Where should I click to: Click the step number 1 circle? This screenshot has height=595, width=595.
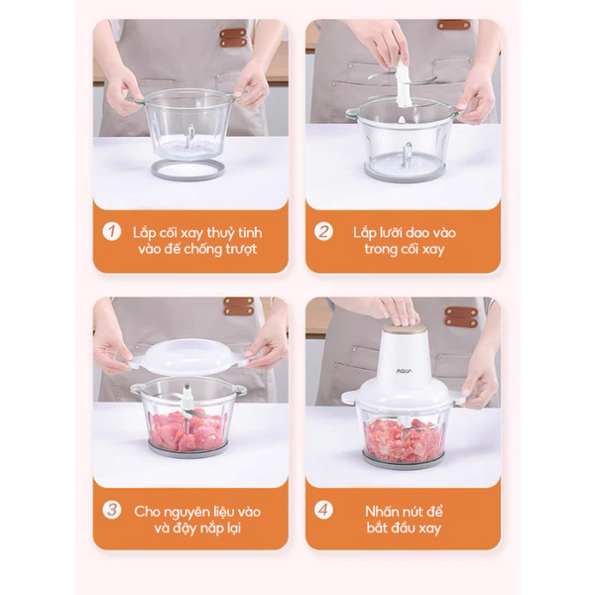pyautogui.click(x=112, y=231)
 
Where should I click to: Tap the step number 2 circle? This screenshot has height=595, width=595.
pyautogui.click(x=323, y=231)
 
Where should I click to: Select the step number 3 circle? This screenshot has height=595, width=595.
pyautogui.click(x=112, y=510)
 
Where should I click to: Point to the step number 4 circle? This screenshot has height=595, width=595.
pyautogui.click(x=323, y=510)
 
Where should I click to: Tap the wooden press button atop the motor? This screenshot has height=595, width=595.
pyautogui.click(x=403, y=326)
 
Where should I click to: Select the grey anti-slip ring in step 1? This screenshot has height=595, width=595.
pyautogui.click(x=187, y=170)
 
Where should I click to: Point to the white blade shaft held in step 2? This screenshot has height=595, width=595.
pyautogui.click(x=403, y=82)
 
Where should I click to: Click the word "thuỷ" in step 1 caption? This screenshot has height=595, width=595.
pyautogui.click(x=224, y=233)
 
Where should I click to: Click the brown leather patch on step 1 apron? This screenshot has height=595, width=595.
pyautogui.click(x=233, y=38)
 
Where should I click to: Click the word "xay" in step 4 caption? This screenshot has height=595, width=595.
pyautogui.click(x=428, y=529)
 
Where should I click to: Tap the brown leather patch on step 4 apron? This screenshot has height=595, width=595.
pyautogui.click(x=461, y=317)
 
